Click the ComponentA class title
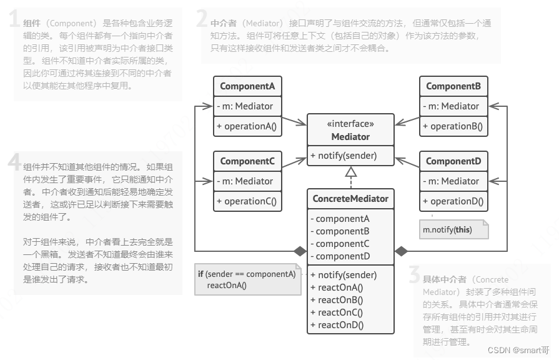pyautogui.click(x=248, y=86)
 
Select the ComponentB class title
pyautogui.click(x=453, y=86)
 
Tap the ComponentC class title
pyautogui.click(x=248, y=161)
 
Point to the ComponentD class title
pyautogui.click(x=453, y=161)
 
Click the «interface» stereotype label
pyautogui.click(x=350, y=124)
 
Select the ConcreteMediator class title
pyautogui.click(x=350, y=199)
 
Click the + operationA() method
pyautogui.click(x=247, y=126)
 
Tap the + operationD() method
pyautogui.click(x=452, y=201)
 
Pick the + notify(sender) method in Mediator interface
pyautogui.click(x=343, y=156)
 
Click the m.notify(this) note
pyautogui.click(x=447, y=229)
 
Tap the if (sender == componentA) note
pyautogui.click(x=247, y=280)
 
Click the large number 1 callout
pyautogui.click(x=14, y=21)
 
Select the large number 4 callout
pyautogui.click(x=14, y=162)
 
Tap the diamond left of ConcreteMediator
pyautogui.click(x=300, y=251)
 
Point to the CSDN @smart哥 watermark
pyautogui.click(x=518, y=351)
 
